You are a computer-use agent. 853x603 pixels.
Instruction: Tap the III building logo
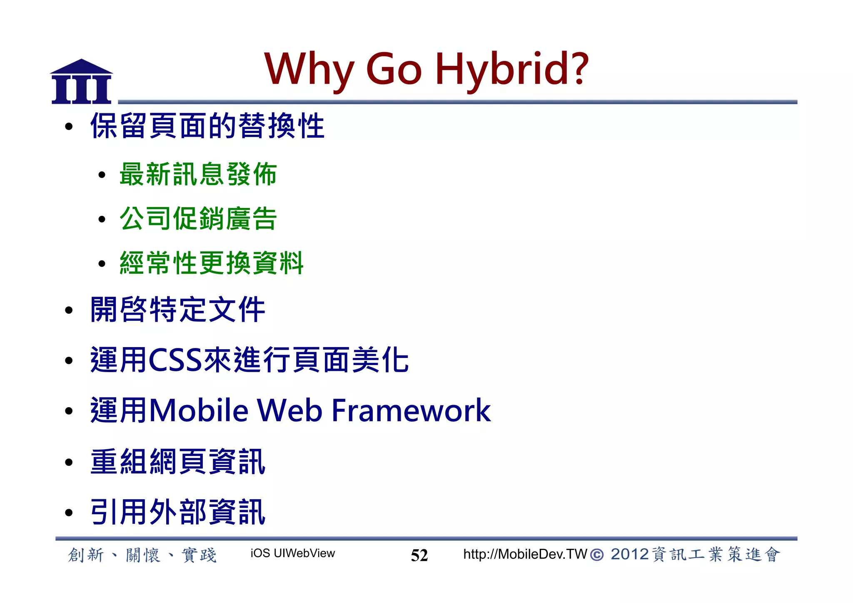(82, 82)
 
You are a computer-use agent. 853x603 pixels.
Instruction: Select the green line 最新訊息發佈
(198, 174)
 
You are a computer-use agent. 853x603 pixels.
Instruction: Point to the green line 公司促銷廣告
(198, 219)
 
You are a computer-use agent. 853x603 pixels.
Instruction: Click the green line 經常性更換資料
(212, 263)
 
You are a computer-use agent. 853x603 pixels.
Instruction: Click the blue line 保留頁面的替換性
(207, 126)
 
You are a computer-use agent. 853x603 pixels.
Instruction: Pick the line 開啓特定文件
(178, 310)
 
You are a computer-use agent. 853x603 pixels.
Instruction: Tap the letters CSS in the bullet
(175, 360)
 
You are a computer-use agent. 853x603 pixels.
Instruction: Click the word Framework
(411, 411)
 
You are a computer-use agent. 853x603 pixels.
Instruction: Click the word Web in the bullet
(289, 411)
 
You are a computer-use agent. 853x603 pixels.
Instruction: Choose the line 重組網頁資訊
(178, 462)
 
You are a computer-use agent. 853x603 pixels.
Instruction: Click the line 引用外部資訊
(178, 513)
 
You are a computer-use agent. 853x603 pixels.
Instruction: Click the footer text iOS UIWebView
(292, 553)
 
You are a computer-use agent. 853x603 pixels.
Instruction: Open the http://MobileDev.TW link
(525, 554)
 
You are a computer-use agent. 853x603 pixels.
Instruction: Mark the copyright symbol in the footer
(597, 555)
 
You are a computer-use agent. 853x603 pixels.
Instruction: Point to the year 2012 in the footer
(629, 555)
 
